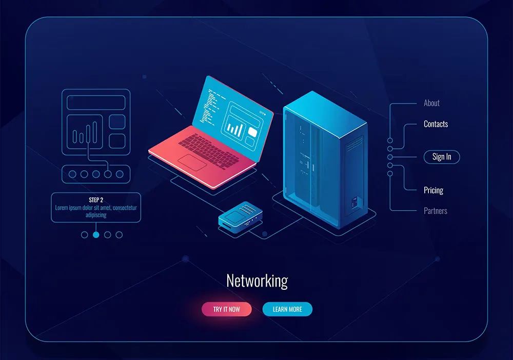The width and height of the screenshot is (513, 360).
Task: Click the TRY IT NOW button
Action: click(x=226, y=309)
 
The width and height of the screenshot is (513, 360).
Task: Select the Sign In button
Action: click(x=442, y=157)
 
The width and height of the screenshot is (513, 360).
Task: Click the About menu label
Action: click(x=431, y=103)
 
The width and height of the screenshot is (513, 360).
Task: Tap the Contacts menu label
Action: click(x=436, y=124)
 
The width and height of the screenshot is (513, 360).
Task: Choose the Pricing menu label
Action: click(x=433, y=190)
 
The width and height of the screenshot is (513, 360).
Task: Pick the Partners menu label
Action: click(x=436, y=211)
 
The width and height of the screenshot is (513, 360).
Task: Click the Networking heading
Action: click(x=257, y=281)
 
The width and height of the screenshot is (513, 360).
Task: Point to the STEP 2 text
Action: click(x=96, y=200)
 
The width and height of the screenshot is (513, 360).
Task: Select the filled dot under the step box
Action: click(x=96, y=235)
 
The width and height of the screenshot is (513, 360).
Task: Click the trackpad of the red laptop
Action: click(x=192, y=163)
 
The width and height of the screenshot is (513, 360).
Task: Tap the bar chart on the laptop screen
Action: click(x=235, y=129)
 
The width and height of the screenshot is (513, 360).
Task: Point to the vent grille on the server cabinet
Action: click(x=354, y=144)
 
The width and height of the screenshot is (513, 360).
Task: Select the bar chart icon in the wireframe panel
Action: click(x=85, y=133)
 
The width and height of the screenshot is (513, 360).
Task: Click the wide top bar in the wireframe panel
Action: click(x=96, y=103)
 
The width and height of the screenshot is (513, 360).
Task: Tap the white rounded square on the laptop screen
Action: click(x=252, y=132)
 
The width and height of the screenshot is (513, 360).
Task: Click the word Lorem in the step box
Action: click(x=61, y=208)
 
